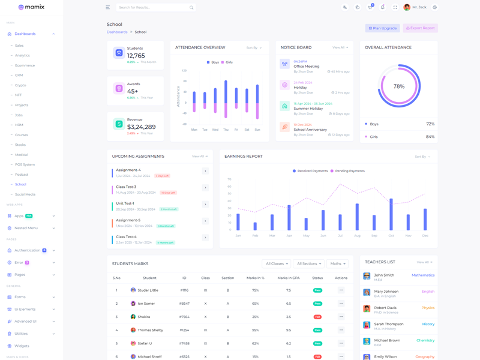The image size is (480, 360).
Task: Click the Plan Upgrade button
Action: pos(382,28)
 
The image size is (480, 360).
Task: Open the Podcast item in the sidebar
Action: pos(22,175)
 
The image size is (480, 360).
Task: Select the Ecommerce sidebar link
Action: pos(25,65)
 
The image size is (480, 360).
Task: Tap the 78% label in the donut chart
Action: pos(399,86)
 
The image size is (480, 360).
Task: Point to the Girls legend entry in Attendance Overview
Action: pos(227,62)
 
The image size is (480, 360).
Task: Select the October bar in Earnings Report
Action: pos(391,214)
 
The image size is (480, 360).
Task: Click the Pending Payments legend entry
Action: pos(347,171)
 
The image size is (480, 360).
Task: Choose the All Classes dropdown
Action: pos(276,263)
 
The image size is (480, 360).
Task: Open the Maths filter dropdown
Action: pos(337,263)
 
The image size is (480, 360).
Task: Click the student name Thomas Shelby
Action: pos(150,330)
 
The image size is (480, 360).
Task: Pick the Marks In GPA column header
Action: pos(289,278)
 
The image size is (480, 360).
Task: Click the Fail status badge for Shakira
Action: pos(317,317)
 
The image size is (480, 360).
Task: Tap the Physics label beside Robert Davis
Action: pos(428,308)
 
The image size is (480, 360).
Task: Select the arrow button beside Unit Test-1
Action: pos(205,205)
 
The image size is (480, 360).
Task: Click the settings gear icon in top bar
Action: pos(435,7)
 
